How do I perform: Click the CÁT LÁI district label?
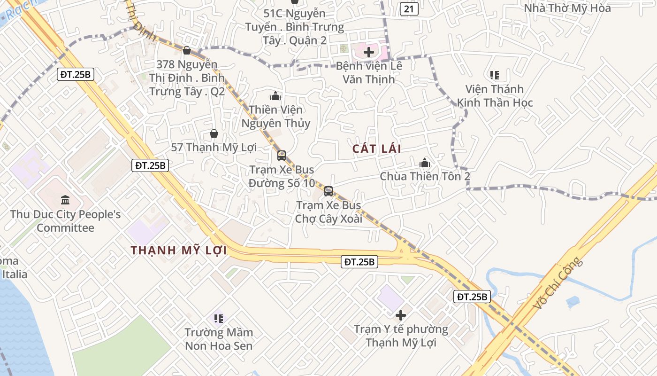pyautogui.click(x=377, y=149)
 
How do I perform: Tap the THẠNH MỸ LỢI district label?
pyautogui.click(x=179, y=251)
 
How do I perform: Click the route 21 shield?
pyautogui.click(x=409, y=8)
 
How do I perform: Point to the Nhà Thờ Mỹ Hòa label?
pyautogui.click(x=567, y=8)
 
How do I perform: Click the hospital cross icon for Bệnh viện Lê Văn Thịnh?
pyautogui.click(x=369, y=52)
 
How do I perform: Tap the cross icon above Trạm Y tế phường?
pyautogui.click(x=401, y=315)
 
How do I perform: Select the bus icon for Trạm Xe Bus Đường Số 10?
pyautogui.click(x=282, y=155)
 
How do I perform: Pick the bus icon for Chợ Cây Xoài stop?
pyautogui.click(x=328, y=191)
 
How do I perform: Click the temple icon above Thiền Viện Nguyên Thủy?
pyautogui.click(x=275, y=96)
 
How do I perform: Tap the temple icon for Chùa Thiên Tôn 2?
pyautogui.click(x=425, y=163)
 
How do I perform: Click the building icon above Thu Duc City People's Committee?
pyautogui.click(x=65, y=200)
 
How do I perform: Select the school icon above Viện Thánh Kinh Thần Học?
pyautogui.click(x=494, y=75)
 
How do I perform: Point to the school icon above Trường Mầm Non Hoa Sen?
pyautogui.click(x=218, y=319)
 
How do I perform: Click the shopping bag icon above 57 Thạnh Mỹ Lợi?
pyautogui.click(x=214, y=133)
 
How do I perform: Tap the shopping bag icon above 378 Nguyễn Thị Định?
pyautogui.click(x=187, y=50)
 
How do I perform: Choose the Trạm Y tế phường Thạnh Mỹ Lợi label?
pyautogui.click(x=401, y=336)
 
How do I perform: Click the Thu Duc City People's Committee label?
pyautogui.click(x=65, y=221)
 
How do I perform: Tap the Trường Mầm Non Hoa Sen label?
pyautogui.click(x=219, y=339)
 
